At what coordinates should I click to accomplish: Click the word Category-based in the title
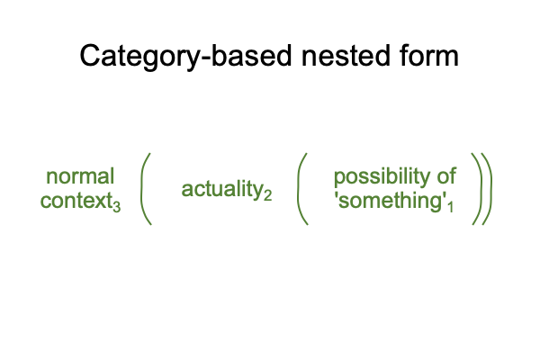[185, 57]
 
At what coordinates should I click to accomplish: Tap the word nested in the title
[346, 56]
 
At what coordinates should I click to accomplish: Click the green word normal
[80, 176]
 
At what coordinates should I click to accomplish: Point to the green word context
[76, 201]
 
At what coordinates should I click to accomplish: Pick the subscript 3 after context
[116, 207]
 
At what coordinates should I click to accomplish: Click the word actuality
[222, 190]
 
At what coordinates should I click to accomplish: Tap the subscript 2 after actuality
[267, 195]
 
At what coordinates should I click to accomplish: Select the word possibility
[382, 177]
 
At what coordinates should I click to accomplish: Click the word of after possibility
[446, 176]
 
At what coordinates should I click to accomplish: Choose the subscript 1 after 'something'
[450, 206]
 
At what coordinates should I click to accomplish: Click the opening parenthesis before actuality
[142, 189]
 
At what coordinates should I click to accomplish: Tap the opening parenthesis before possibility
[299, 189]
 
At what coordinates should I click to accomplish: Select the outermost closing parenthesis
[490, 189]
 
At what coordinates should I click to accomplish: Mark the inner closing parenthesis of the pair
[481, 189]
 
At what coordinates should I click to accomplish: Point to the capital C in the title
[90, 56]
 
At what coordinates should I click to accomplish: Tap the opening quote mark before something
[336, 196]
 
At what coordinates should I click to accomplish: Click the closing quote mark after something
[444, 196]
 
